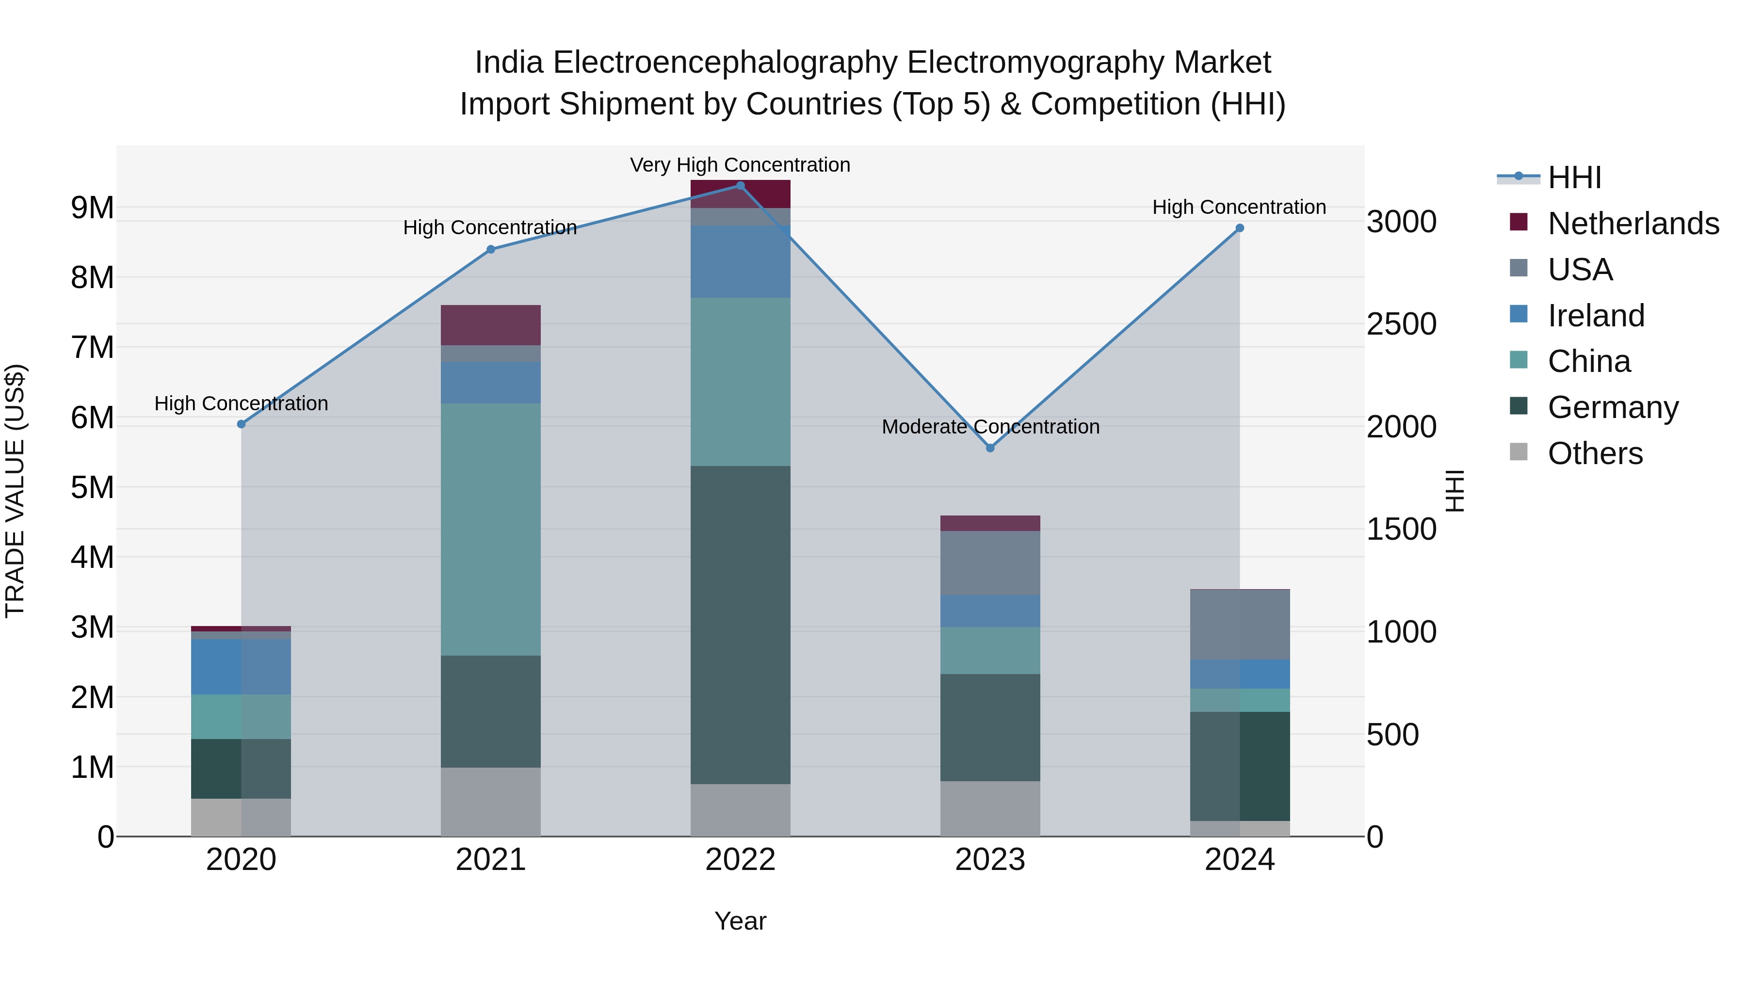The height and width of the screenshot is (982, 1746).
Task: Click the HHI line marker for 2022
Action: (x=740, y=186)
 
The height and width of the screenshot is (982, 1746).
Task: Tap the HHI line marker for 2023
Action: (x=990, y=448)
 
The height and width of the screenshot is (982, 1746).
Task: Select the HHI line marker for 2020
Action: (x=242, y=424)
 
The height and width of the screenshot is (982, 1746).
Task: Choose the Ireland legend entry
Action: (x=1596, y=316)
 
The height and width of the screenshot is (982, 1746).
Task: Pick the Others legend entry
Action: (x=1595, y=453)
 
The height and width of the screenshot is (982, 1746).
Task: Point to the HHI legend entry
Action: (x=1574, y=177)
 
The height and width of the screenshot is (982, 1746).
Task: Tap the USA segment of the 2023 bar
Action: (x=990, y=563)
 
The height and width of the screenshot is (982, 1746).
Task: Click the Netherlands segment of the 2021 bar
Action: (x=491, y=325)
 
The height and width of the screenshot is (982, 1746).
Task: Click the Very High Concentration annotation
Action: (x=740, y=165)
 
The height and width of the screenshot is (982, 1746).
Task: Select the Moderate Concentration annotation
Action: (x=990, y=427)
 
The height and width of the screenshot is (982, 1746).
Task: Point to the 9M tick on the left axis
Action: (x=92, y=208)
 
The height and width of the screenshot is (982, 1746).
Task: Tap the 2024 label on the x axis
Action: (x=1240, y=860)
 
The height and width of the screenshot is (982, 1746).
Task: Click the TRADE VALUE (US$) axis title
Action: (x=16, y=491)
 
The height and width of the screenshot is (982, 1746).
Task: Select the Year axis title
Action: (x=740, y=921)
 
